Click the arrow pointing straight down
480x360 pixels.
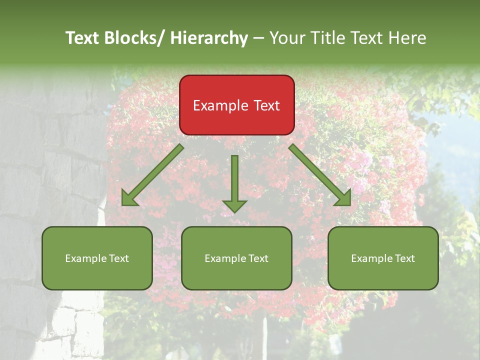(x=235, y=183)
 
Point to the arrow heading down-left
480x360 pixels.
(x=153, y=175)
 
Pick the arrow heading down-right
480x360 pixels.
(x=320, y=175)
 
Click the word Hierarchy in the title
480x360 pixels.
(x=209, y=38)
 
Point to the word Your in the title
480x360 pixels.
(x=286, y=38)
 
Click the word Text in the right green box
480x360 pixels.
(x=404, y=258)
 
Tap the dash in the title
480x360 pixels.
(x=258, y=38)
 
